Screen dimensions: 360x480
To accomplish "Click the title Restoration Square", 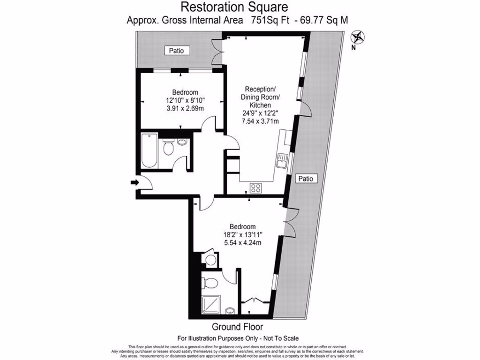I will click(x=234, y=7).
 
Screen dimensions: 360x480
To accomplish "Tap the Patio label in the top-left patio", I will click(x=176, y=51).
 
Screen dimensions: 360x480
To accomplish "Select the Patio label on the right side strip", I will click(x=307, y=179).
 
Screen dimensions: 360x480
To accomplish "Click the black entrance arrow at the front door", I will click(x=135, y=182).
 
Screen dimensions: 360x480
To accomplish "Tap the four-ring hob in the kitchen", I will click(x=256, y=187).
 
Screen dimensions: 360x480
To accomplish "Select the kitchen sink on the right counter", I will click(x=282, y=161).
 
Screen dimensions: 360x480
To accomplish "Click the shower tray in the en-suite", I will click(x=211, y=305).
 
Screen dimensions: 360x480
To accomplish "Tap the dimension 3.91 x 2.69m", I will click(x=185, y=109).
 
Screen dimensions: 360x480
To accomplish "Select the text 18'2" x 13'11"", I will click(x=242, y=234).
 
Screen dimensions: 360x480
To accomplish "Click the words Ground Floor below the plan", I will click(x=237, y=327).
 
